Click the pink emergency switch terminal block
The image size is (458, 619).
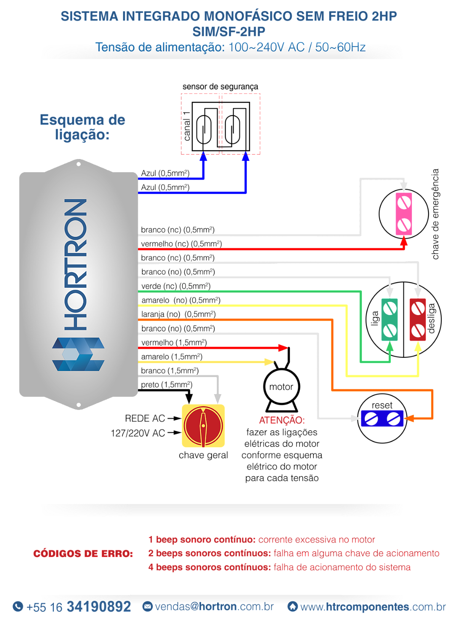point(404,214)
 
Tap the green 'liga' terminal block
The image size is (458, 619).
point(389,320)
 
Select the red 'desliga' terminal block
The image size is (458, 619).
point(417,320)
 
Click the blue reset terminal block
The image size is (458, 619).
point(382,419)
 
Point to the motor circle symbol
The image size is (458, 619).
point(281,386)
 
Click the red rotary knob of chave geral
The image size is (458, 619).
point(203,426)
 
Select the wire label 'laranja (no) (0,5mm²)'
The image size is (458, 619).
point(178,314)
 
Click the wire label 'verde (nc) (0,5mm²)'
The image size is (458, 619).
point(176,286)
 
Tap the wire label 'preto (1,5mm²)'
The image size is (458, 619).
point(167,385)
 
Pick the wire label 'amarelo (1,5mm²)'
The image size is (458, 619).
point(172,357)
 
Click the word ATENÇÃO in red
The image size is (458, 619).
point(282,420)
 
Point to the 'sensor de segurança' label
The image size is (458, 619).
point(220,87)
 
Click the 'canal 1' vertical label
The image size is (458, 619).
point(187,126)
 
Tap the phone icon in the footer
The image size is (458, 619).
point(18,606)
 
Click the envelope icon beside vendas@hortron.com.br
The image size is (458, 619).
point(148,606)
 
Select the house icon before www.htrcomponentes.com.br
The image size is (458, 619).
point(293,606)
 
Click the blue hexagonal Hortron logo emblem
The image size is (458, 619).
point(78,354)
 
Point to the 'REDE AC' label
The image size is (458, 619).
point(145,419)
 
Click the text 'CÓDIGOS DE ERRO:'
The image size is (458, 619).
point(83,554)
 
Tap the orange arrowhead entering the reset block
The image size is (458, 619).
point(409,419)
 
